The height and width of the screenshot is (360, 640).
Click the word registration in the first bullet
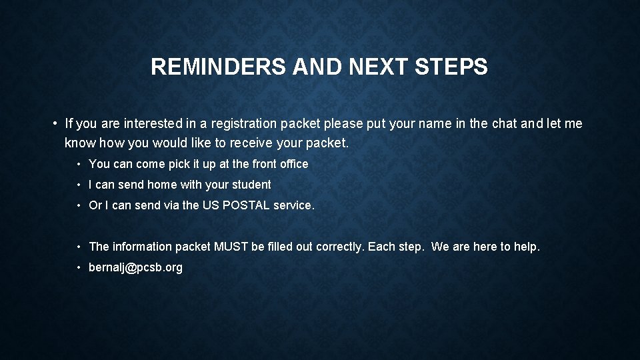(243, 123)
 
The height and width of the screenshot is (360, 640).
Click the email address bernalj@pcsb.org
(135, 267)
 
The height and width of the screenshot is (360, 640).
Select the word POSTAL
(246, 205)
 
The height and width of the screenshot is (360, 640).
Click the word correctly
(339, 247)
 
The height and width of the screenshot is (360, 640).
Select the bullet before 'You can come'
(79, 164)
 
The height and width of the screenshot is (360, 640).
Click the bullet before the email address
(79, 267)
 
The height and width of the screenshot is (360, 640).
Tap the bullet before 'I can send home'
(79, 185)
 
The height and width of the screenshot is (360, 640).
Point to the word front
(266, 164)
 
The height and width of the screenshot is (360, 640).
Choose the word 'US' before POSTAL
(210, 205)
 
